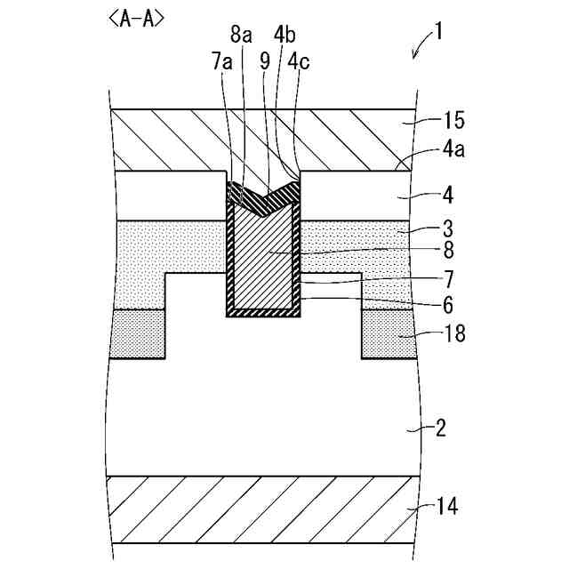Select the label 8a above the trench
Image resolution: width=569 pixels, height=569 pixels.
[241, 35]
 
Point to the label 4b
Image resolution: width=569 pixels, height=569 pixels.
[285, 36]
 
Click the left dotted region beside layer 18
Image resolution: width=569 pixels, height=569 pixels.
[140, 333]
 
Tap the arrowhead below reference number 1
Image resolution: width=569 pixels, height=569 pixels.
[414, 55]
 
